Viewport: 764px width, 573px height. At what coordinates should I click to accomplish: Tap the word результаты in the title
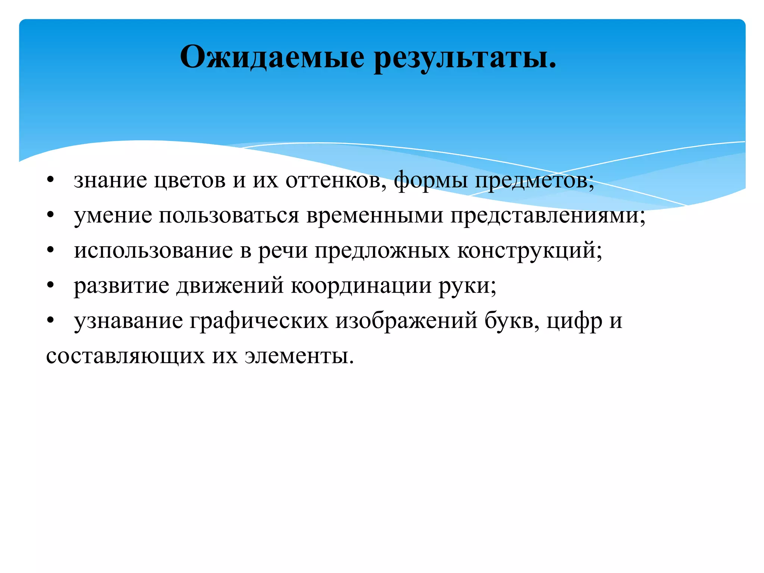464,57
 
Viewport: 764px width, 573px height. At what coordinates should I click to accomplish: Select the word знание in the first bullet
110,180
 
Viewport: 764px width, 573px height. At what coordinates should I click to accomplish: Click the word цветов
190,180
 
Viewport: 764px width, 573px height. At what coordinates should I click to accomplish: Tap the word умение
113,216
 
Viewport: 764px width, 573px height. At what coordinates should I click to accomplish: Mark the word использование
153,250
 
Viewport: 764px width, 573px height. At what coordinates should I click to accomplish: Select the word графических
259,321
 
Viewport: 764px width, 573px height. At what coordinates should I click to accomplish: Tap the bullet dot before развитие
51,286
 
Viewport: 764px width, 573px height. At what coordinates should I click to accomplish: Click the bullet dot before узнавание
51,321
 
